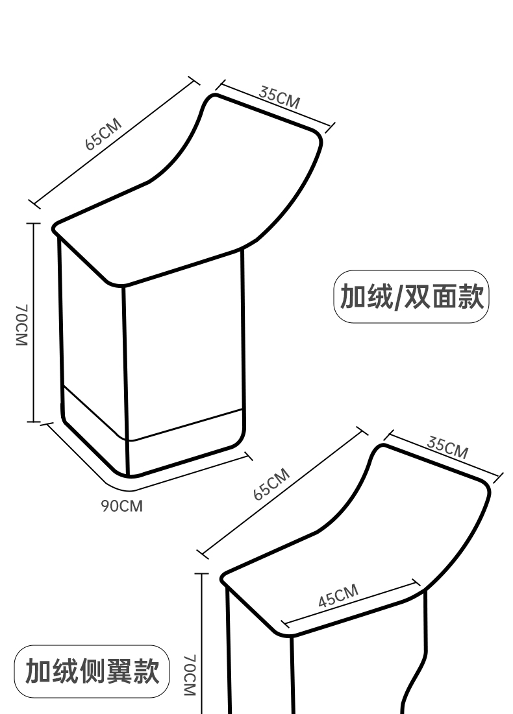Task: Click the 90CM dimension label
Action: point(121,505)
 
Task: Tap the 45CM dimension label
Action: point(338,596)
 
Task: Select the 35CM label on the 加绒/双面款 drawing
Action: point(280,95)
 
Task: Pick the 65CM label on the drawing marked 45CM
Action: point(271,484)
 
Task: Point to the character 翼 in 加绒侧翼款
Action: point(115,672)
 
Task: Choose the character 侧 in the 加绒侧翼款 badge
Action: point(90,672)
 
